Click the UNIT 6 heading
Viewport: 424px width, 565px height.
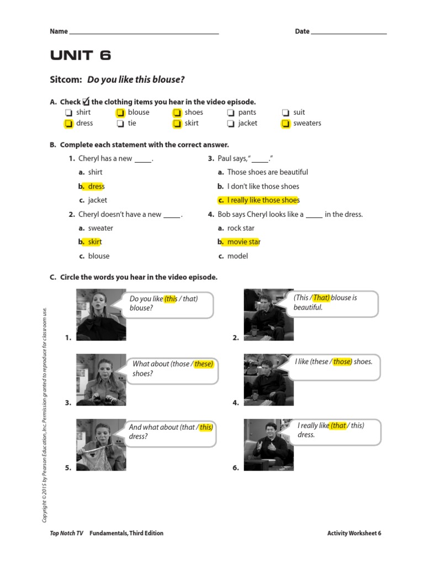pyautogui.click(x=81, y=55)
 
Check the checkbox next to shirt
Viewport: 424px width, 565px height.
pyautogui.click(x=68, y=113)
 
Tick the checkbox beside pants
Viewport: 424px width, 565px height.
pyautogui.click(x=231, y=113)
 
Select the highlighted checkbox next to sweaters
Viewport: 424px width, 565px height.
pyautogui.click(x=285, y=124)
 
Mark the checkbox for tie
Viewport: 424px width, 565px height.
pyautogui.click(x=120, y=124)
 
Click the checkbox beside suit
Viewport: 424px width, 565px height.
pyautogui.click(x=285, y=113)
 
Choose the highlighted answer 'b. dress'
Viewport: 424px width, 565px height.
pyautogui.click(x=92, y=186)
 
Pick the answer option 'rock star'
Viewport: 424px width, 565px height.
pyautogui.click(x=242, y=228)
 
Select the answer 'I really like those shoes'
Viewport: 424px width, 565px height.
pyautogui.click(x=259, y=200)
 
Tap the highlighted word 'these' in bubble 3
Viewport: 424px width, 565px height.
pyautogui.click(x=203, y=364)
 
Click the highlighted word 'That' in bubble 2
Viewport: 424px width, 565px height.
pyautogui.click(x=321, y=297)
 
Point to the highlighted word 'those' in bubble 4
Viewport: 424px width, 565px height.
pyautogui.click(x=342, y=362)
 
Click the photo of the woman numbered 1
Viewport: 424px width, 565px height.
pyautogui.click(x=101, y=315)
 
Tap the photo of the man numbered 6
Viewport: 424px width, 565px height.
pyautogui.click(x=268, y=444)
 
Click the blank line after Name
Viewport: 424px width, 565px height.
pyautogui.click(x=144, y=33)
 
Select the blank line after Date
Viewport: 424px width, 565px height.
pyautogui.click(x=349, y=33)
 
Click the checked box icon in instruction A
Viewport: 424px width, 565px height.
pyautogui.click(x=86, y=101)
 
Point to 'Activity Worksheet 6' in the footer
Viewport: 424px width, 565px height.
pyautogui.click(x=354, y=533)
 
